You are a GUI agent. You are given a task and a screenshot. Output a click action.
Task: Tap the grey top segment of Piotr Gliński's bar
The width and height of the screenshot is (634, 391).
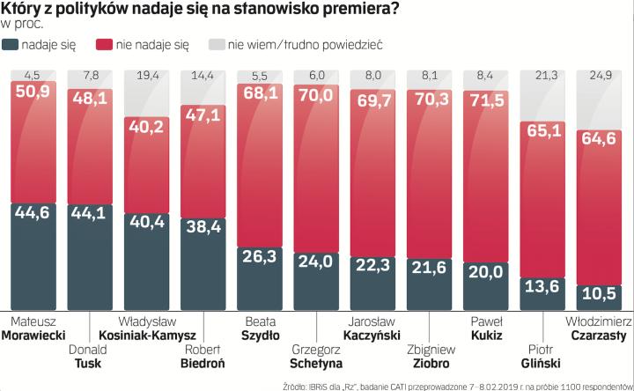pyautogui.click(x=548, y=97)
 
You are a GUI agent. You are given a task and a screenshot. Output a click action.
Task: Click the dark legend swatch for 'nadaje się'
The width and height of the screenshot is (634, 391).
pyautogui.click(x=11, y=43)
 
